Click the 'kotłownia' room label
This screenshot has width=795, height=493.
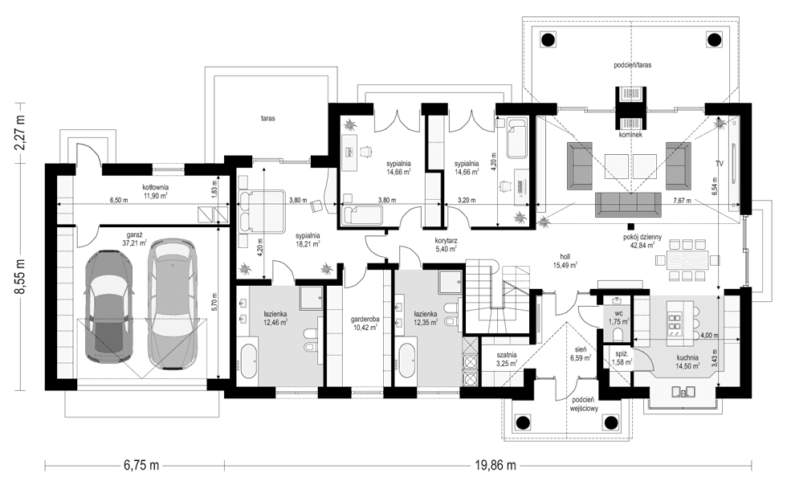point(155,186)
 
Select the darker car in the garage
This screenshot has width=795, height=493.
point(110,307)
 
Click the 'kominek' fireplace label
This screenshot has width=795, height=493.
point(630,136)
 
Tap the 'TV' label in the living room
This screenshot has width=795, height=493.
point(720,163)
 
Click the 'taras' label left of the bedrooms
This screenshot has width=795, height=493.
point(268,119)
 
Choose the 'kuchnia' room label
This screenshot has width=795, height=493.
point(687,357)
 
